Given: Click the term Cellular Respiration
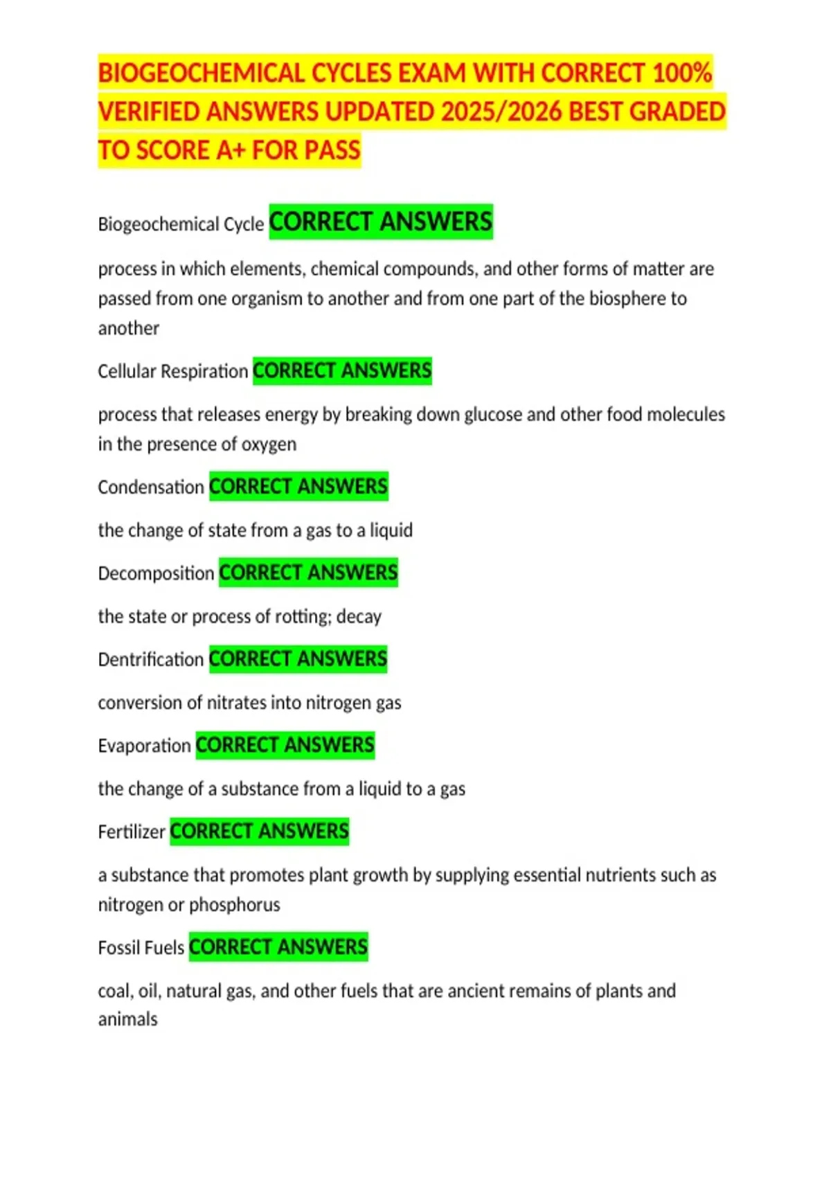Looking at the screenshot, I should click(x=172, y=372).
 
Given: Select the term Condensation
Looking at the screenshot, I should click(x=150, y=487).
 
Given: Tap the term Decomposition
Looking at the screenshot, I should click(x=156, y=573).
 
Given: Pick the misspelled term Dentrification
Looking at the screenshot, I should click(x=150, y=660).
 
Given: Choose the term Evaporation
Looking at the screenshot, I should click(x=144, y=746).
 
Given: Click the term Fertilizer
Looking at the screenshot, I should click(x=132, y=832).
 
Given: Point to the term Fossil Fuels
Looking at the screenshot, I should click(x=141, y=947).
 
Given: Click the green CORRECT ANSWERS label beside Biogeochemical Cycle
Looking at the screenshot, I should click(x=381, y=222).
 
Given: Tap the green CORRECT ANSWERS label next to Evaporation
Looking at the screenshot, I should click(x=285, y=745).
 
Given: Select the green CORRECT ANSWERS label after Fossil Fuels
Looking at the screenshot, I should click(x=278, y=946).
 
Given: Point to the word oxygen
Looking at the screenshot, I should click(x=269, y=444).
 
